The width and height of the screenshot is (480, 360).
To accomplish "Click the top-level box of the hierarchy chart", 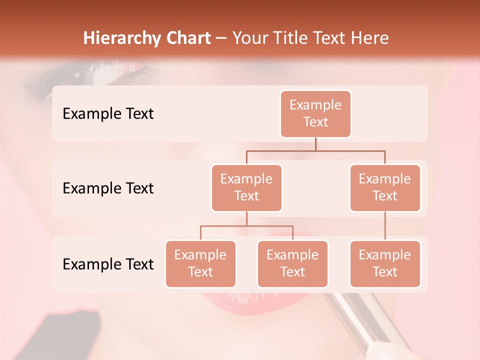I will pos(315,113).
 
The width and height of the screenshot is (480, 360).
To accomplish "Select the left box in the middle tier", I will pos(246,187).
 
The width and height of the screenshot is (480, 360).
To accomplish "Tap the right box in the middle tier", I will pos(385,187).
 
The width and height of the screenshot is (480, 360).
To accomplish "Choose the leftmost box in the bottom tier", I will pos(200,263).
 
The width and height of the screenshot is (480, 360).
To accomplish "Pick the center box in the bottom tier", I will pos(292,263).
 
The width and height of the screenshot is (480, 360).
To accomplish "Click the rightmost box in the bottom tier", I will pos(385,263).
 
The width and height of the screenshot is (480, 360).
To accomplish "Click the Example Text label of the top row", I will pos(108,114).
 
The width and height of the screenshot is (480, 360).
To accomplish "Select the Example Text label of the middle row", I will pos(108,188).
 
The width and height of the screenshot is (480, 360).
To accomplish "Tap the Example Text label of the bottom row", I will pos(108,264).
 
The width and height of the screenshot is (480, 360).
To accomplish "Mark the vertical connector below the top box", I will pos(315,144).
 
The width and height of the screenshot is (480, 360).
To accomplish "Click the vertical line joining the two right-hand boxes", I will pos(385,225).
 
